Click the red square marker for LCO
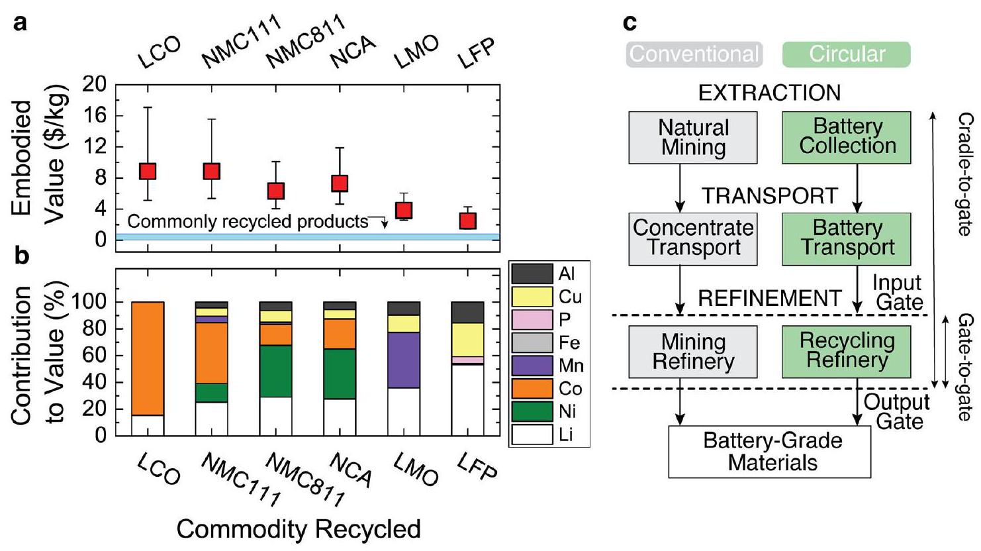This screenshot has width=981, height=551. click(x=147, y=171)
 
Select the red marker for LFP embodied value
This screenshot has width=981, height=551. click(x=468, y=220)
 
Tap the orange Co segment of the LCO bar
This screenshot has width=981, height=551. click(x=148, y=358)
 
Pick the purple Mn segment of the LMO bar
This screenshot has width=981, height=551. click(x=404, y=360)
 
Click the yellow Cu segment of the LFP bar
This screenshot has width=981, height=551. click(x=468, y=339)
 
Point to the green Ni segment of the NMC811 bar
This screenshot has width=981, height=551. click(x=275, y=371)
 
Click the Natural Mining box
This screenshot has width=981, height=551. click(x=692, y=138)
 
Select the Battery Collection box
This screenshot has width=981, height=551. click(x=847, y=137)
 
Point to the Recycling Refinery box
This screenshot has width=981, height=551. click(x=847, y=351)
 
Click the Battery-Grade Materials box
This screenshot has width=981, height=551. click(x=769, y=452)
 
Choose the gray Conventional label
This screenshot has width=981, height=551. click(x=694, y=54)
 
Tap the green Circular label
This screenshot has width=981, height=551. click(x=847, y=54)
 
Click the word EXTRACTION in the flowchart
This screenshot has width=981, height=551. click(x=769, y=93)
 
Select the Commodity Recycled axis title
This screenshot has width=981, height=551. click(x=299, y=529)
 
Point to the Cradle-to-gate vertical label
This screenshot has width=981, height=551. click(x=966, y=174)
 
